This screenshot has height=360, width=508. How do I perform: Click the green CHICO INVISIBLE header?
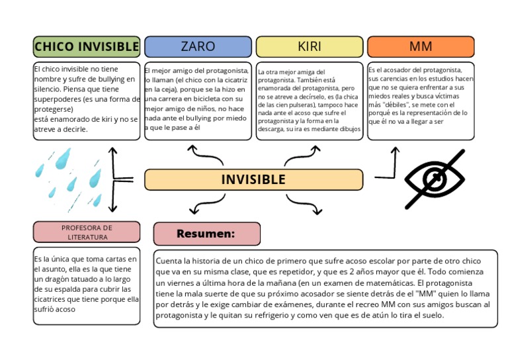86,46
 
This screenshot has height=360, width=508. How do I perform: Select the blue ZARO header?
198,46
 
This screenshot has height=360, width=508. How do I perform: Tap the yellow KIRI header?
310,46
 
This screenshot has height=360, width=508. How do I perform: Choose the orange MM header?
421,46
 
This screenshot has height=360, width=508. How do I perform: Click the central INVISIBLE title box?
253,179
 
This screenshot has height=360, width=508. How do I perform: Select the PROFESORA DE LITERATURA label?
87,232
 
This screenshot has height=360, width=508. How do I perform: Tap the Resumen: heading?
206,234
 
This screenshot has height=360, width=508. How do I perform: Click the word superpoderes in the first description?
58,99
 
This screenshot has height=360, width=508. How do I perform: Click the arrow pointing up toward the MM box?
395,159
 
